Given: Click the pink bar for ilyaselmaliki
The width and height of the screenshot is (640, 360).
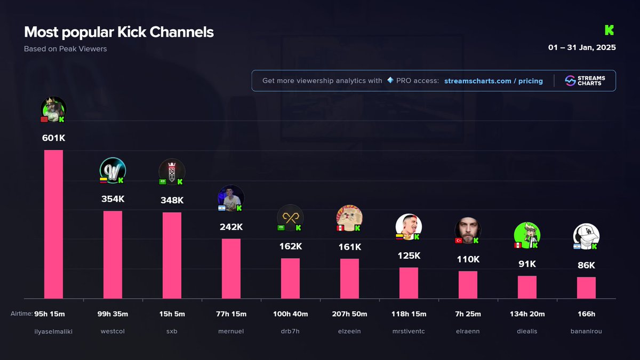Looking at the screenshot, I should point(53,224).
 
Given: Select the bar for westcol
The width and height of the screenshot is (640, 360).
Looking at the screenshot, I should point(113,254).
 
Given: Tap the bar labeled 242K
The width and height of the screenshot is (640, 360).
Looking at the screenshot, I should point(231,268).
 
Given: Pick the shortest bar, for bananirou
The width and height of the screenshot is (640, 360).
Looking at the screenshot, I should point(586,287).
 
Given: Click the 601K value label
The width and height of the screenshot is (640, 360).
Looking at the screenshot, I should point(53,138).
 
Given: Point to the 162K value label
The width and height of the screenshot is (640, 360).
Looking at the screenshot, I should point(291,246).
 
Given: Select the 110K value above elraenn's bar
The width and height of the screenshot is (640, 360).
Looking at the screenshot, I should point(468,259).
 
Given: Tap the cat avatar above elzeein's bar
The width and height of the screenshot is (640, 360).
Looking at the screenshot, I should point(349,218).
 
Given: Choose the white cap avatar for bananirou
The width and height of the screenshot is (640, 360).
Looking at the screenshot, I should point(586,236).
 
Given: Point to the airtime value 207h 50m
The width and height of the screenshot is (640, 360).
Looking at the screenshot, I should point(349,314).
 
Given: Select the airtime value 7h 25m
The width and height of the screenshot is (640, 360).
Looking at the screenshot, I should point(468,314).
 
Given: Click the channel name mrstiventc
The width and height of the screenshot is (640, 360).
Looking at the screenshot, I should point(409,331).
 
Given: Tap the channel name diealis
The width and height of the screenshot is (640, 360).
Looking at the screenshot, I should point(527,331).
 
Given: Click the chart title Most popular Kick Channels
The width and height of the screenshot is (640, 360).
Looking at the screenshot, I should point(119,32).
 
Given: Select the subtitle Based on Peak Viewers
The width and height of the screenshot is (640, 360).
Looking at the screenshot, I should point(65,49).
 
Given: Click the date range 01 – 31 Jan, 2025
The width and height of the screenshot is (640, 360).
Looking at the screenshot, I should point(582,47).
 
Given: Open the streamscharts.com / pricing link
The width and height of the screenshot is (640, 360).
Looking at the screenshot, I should point(493,81).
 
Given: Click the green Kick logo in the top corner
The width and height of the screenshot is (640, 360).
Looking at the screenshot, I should point(610,30).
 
